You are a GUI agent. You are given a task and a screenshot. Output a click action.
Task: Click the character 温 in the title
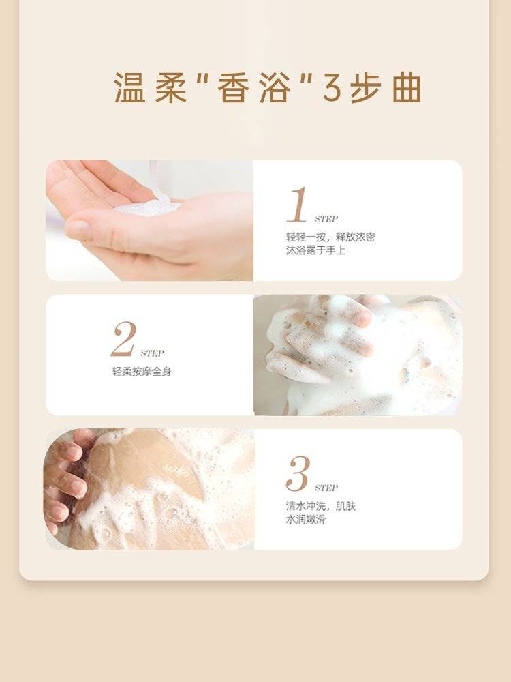pos(129,88)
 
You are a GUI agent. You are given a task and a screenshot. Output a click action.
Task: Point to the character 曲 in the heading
pos(407,88)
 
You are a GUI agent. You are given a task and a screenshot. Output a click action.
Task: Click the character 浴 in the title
pos(275,88)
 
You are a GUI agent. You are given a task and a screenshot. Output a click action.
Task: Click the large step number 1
pos(298,205)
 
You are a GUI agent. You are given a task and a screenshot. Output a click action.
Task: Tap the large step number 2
pos(124,339)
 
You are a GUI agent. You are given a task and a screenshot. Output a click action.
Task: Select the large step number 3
pos(298,474)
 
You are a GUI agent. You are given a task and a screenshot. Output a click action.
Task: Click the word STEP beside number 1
pos(326,219)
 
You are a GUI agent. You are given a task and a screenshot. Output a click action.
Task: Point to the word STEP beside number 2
pos(152,353)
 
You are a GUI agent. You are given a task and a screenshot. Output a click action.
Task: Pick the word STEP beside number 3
pos(326,488)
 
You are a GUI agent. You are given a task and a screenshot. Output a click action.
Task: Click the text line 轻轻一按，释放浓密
pos(330,237)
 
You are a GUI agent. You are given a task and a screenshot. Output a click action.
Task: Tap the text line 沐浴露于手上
pos(315,250)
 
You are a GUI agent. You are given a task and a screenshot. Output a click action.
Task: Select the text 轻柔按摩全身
pos(142,372)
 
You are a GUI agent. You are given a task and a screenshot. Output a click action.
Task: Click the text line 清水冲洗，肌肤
pos(321,506)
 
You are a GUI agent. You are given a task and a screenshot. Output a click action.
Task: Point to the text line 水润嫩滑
pos(305,520)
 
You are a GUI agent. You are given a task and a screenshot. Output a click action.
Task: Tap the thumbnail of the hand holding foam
pos(149,220)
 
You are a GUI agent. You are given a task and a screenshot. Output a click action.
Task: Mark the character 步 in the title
pos(366,88)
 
